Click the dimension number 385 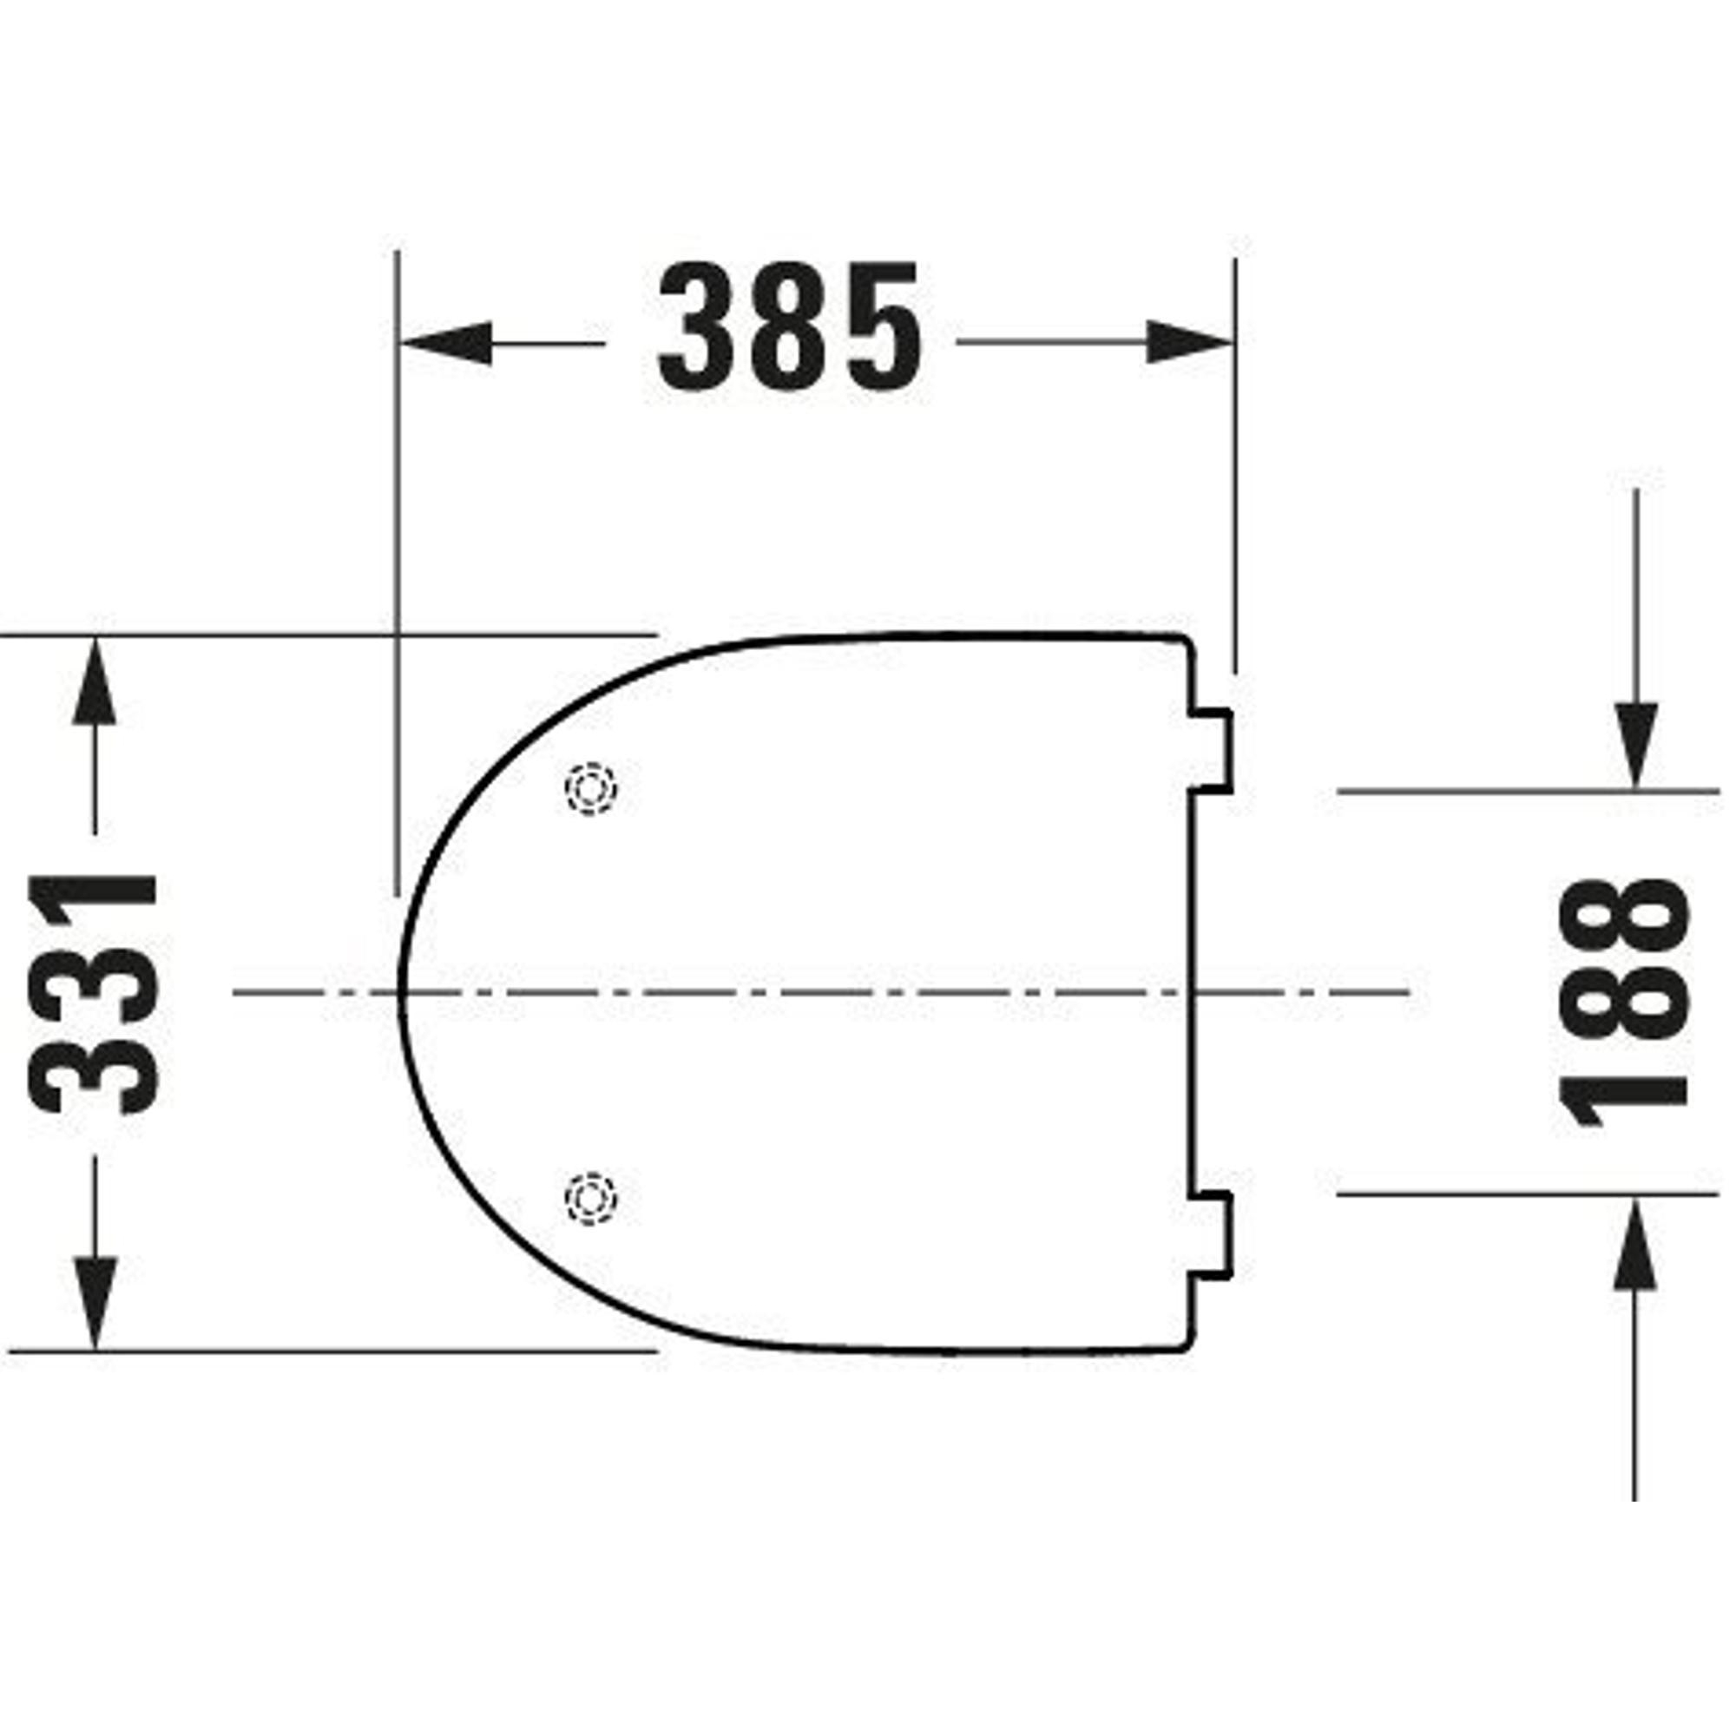[x=791, y=327]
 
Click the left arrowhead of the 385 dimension [x=445, y=342]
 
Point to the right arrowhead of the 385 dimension [x=1188, y=342]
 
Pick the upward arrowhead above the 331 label [x=95, y=680]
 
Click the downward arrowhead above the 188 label [x=1635, y=746]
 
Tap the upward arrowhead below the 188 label [x=1635, y=1244]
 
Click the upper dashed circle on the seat [x=590, y=789]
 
